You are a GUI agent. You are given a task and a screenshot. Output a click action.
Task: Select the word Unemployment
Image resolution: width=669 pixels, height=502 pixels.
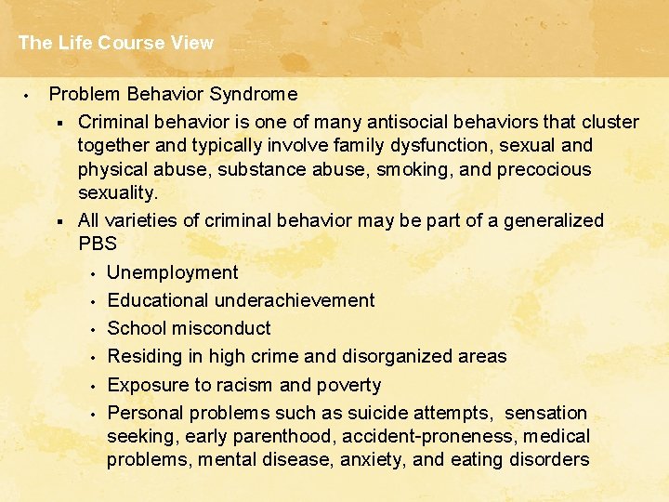click(173, 272)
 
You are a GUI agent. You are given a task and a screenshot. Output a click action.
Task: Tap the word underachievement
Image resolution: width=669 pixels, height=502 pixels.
click(295, 300)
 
